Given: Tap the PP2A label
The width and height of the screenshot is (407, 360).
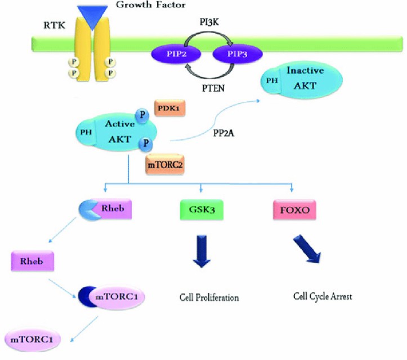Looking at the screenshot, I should point(225,132).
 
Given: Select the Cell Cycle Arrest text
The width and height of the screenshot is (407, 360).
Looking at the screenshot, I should point(323,295).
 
